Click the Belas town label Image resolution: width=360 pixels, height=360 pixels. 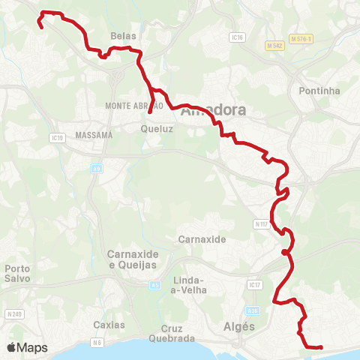(x=122, y=35)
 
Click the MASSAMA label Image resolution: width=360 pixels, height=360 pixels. (x=94, y=135)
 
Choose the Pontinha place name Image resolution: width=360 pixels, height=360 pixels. (x=319, y=91)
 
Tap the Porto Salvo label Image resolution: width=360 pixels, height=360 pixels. (x=16, y=274)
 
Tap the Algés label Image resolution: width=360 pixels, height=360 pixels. (x=239, y=326)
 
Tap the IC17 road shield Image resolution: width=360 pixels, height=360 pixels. (x=253, y=285)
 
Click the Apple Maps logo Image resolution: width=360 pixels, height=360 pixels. (x=26, y=347)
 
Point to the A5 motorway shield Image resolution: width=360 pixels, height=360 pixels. (x=155, y=285)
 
